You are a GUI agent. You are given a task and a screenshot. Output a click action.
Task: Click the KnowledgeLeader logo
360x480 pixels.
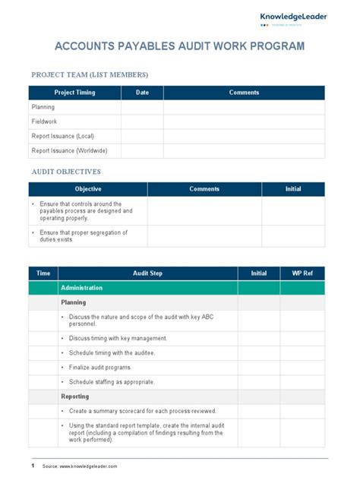pyautogui.click(x=294, y=18)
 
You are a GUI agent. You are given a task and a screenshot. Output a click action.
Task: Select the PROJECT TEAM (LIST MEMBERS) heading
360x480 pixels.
pyautogui.click(x=90, y=74)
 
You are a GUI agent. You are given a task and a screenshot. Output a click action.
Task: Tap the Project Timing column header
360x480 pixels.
pyautogui.click(x=74, y=93)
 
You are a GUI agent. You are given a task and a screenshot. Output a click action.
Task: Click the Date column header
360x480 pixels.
pyautogui.click(x=142, y=93)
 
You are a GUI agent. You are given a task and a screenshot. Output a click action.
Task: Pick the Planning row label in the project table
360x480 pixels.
pyautogui.click(x=43, y=107)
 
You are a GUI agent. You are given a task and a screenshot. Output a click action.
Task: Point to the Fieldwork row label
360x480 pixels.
pyautogui.click(x=44, y=122)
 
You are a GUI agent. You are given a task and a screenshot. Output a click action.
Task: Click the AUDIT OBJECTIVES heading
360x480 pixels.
pyautogui.click(x=66, y=172)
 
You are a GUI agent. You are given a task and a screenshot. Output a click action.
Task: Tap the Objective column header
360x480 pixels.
pyautogui.click(x=88, y=189)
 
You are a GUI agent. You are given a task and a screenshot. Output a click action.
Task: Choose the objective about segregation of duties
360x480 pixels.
pyautogui.click(x=84, y=235)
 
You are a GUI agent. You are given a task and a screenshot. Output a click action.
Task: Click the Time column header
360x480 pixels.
pyautogui.click(x=43, y=273)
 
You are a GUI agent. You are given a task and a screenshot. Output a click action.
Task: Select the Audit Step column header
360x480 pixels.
pyautogui.click(x=147, y=273)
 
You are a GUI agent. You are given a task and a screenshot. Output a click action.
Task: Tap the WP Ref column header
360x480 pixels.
pyautogui.click(x=302, y=273)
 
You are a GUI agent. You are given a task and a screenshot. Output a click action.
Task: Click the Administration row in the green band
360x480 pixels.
pyautogui.click(x=81, y=288)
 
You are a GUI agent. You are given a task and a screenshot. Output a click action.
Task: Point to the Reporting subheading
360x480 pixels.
pyautogui.click(x=75, y=396)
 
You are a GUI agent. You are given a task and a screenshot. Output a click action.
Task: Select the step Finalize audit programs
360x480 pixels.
pyautogui.click(x=105, y=367)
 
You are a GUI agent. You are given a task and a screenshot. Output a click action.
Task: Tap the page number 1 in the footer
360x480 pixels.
pyautogui.click(x=33, y=466)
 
